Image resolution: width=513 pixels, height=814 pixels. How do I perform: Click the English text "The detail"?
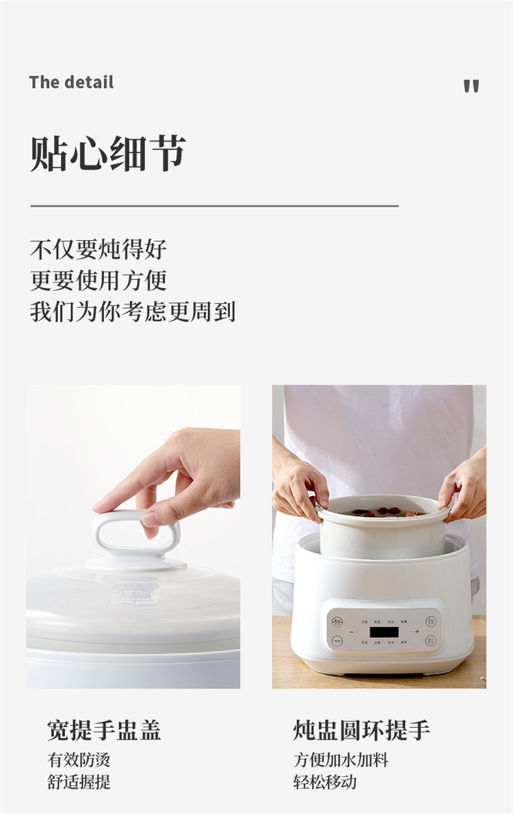pyautogui.click(x=71, y=82)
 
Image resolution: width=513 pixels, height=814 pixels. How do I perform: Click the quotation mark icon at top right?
pyautogui.click(x=471, y=86)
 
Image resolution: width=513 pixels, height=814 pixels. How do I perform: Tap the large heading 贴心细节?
pyautogui.click(x=108, y=153)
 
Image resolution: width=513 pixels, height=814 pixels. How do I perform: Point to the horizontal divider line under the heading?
pyautogui.click(x=215, y=206)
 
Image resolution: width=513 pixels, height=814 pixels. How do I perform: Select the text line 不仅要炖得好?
pyautogui.click(x=98, y=250)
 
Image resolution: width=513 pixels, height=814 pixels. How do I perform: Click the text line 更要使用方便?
pyautogui.click(x=98, y=280)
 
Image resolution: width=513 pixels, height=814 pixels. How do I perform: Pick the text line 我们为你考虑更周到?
pyautogui.click(x=133, y=311)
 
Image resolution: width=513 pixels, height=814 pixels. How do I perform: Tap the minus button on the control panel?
pyautogui.click(x=352, y=632)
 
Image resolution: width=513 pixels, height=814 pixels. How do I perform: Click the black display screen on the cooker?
pyautogui.click(x=384, y=632)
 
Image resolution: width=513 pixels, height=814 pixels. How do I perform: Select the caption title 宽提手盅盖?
pyautogui.click(x=104, y=730)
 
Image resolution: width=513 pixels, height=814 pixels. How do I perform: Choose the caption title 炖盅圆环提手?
pyautogui.click(x=361, y=730)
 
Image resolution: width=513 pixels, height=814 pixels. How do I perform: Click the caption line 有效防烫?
pyautogui.click(x=79, y=760)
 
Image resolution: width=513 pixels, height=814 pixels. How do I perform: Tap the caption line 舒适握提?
pyautogui.click(x=79, y=782)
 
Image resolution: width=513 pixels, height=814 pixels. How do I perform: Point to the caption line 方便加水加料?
pyautogui.click(x=341, y=760)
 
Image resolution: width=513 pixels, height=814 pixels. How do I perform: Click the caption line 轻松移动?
pyautogui.click(x=325, y=782)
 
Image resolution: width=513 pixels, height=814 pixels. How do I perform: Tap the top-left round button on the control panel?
pyautogui.click(x=337, y=621)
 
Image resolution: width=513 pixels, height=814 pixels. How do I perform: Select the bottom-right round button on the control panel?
pyautogui.click(x=430, y=641)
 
